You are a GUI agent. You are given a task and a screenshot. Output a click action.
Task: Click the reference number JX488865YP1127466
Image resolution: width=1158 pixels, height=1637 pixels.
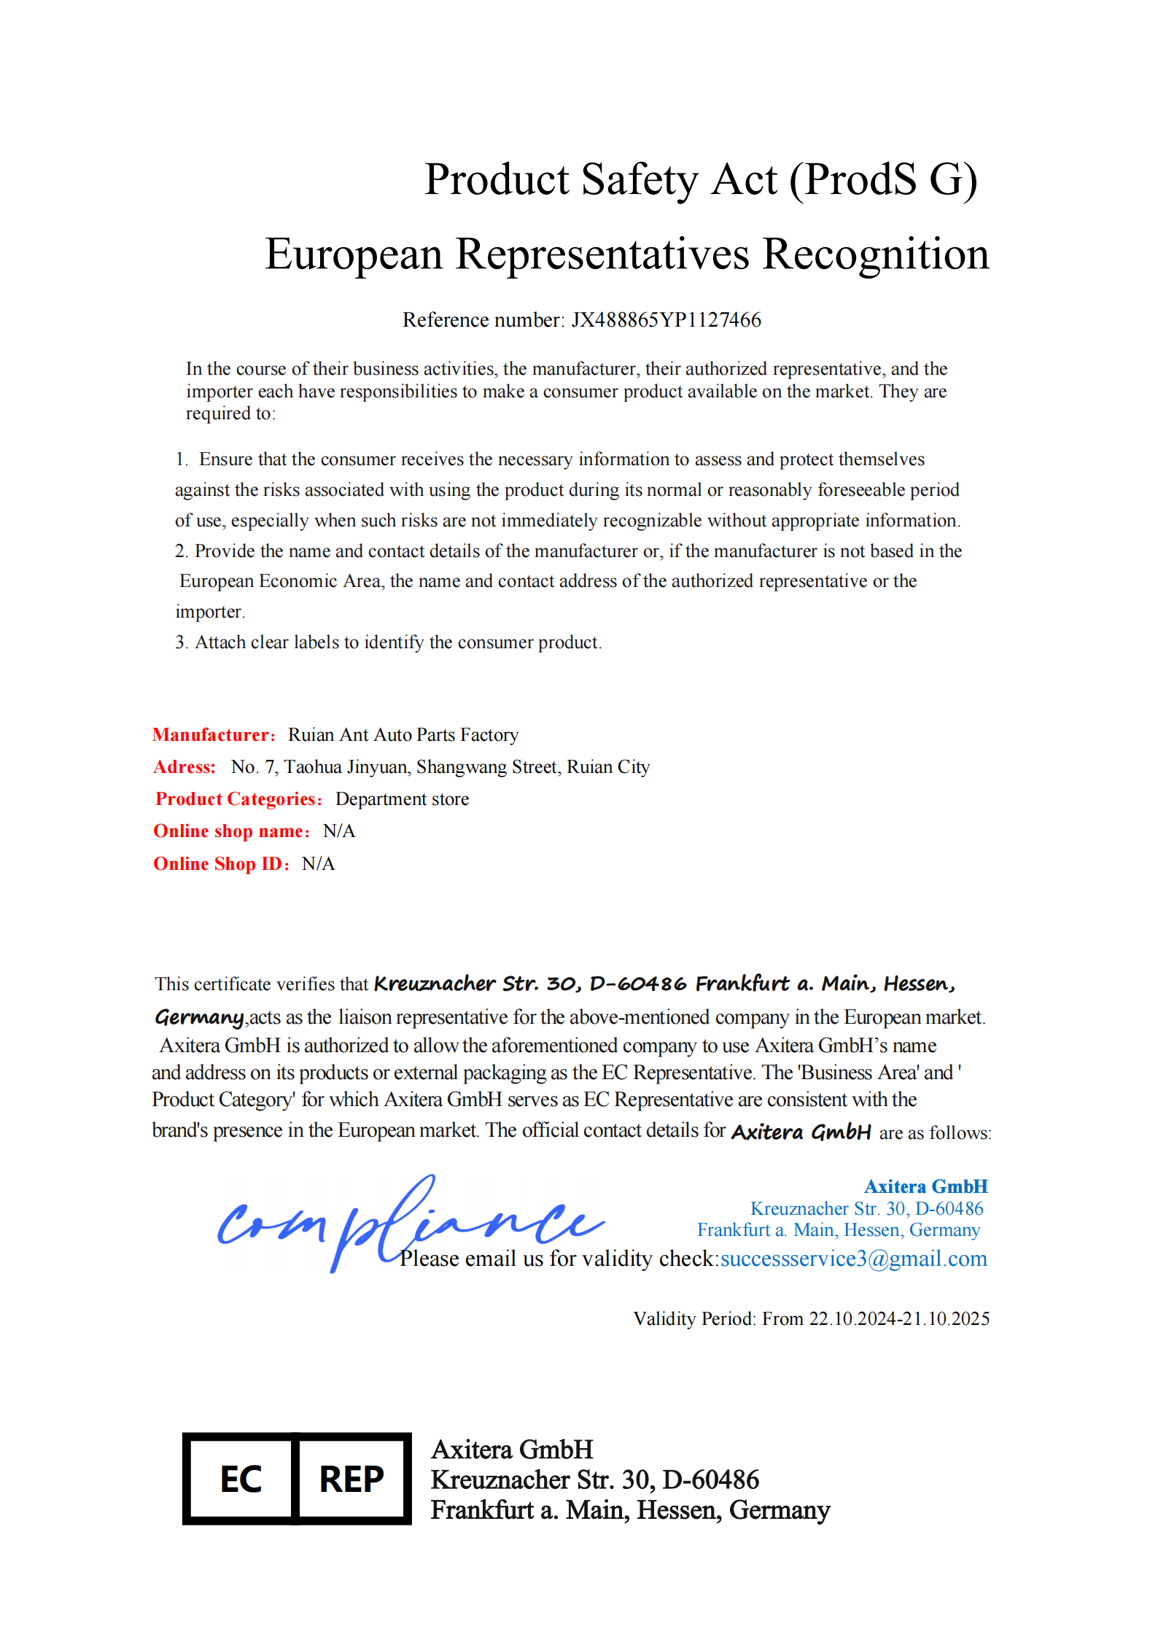pos(666,320)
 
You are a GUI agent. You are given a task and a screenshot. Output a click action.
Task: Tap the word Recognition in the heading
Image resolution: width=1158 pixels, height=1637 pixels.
pos(876,254)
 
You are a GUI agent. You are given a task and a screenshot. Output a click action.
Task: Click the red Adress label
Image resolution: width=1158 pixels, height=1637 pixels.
pos(184,767)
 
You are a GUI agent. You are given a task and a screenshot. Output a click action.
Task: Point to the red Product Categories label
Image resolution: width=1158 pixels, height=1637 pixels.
pos(238,799)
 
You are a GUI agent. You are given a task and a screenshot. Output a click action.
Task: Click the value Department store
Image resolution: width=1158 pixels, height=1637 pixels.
pos(402,799)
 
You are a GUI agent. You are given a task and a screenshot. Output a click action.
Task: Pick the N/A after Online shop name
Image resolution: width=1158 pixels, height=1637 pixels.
pos(339,831)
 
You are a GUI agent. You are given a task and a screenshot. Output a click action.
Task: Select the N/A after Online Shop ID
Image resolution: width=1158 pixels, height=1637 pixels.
pos(319,864)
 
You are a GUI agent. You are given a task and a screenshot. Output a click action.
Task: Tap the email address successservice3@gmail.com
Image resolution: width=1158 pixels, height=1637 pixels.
pos(853,1259)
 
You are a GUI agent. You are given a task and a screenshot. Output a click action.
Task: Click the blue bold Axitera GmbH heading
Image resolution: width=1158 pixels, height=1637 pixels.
pos(925,1186)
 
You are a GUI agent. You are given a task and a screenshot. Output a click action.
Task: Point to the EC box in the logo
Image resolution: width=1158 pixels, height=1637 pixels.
pos(241,1479)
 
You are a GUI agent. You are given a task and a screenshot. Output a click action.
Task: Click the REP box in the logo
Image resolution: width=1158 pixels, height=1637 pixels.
pos(351,1479)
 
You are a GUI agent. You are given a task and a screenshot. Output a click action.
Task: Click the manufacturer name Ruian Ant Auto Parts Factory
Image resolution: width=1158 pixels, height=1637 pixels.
pos(403,735)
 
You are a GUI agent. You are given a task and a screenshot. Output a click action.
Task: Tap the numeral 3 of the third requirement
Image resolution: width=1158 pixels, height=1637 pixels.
pos(180,642)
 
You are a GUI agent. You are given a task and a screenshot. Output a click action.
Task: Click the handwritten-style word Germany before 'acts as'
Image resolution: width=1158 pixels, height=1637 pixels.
pos(199,1017)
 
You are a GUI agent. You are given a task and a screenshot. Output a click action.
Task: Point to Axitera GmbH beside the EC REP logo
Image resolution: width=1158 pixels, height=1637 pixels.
pos(512,1450)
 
